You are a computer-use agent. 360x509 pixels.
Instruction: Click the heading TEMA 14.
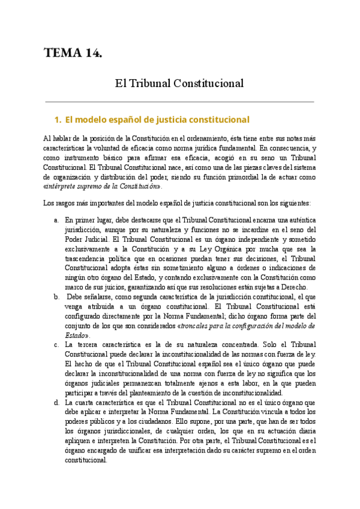pyautogui.click(x=73, y=53)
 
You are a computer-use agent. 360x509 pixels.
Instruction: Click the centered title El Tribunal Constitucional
pyautogui.click(x=179, y=83)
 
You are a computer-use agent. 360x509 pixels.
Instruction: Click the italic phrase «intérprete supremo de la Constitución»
pyautogui.click(x=103, y=187)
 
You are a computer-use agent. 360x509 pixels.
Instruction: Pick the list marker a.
pyautogui.click(x=56, y=220)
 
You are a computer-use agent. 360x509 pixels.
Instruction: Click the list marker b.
pyautogui.click(x=56, y=296)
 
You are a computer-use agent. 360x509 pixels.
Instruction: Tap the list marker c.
pyautogui.click(x=56, y=345)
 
